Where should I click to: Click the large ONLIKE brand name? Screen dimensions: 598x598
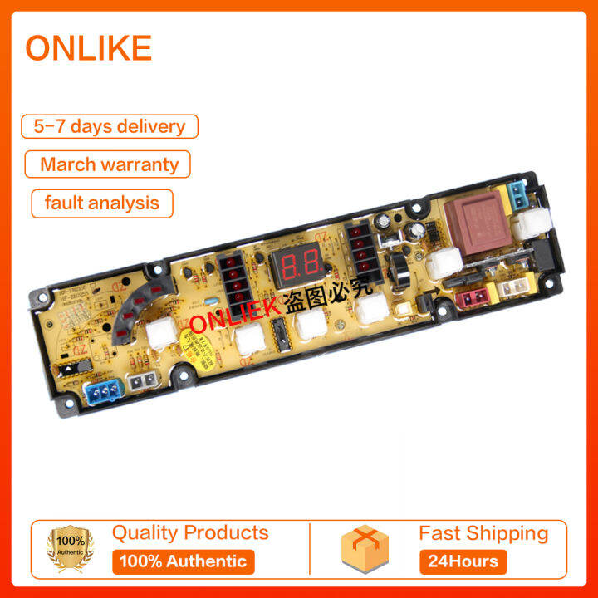(x=88, y=48)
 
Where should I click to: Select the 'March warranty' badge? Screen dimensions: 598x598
(x=109, y=164)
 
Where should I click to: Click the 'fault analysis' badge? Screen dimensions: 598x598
(x=102, y=203)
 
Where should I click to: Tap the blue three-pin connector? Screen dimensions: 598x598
(x=101, y=389)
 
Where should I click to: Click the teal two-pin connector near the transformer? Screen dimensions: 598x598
(x=517, y=197)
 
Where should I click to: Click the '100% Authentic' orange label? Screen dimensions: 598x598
(x=183, y=561)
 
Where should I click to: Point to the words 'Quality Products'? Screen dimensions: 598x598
(x=190, y=532)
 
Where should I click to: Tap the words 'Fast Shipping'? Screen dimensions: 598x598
(x=483, y=532)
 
